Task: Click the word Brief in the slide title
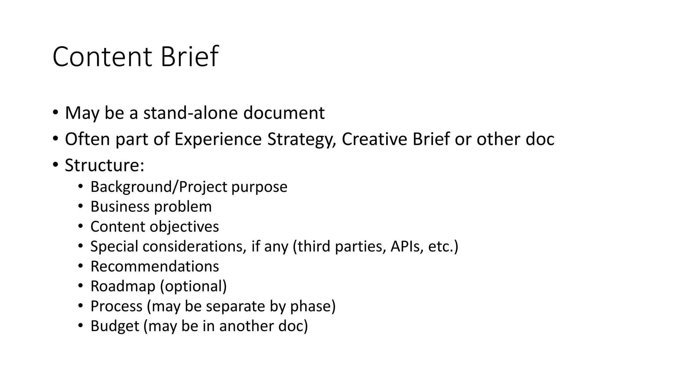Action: click(x=189, y=57)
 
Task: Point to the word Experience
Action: click(x=218, y=139)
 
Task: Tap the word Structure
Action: click(x=104, y=165)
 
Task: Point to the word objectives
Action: click(x=184, y=227)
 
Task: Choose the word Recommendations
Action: click(x=155, y=267)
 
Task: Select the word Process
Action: click(x=116, y=307)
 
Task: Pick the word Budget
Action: click(x=115, y=326)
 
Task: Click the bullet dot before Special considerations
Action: click(x=80, y=246)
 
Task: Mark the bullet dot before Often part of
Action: click(x=55, y=138)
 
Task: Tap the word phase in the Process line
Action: click(x=313, y=307)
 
